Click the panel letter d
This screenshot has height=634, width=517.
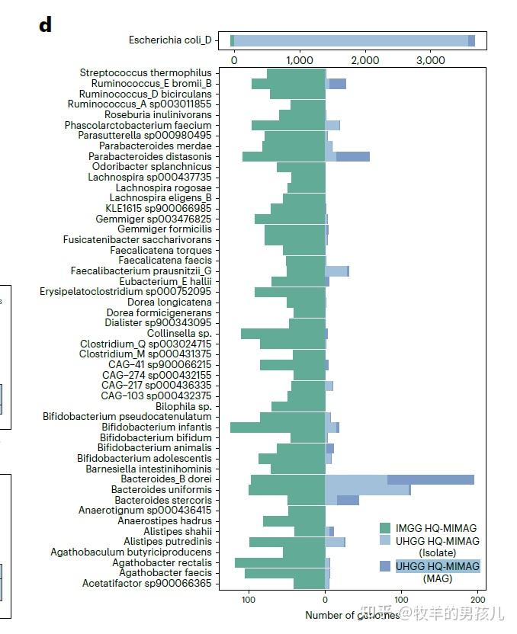46,24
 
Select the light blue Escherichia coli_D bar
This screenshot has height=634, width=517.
351,40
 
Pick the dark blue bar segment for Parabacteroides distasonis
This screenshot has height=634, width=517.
352,156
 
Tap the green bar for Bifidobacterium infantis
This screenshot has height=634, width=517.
278,427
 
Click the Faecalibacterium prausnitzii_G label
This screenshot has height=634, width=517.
141,271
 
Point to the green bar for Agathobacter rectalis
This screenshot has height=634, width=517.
280,562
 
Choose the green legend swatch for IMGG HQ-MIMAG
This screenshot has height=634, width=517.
386,528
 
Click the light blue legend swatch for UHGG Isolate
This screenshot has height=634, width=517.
386,541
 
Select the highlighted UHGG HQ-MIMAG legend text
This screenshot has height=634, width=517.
438,566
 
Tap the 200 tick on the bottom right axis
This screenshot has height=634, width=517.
479,600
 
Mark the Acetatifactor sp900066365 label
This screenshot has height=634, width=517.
147,584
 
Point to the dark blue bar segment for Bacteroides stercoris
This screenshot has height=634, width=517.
348,500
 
